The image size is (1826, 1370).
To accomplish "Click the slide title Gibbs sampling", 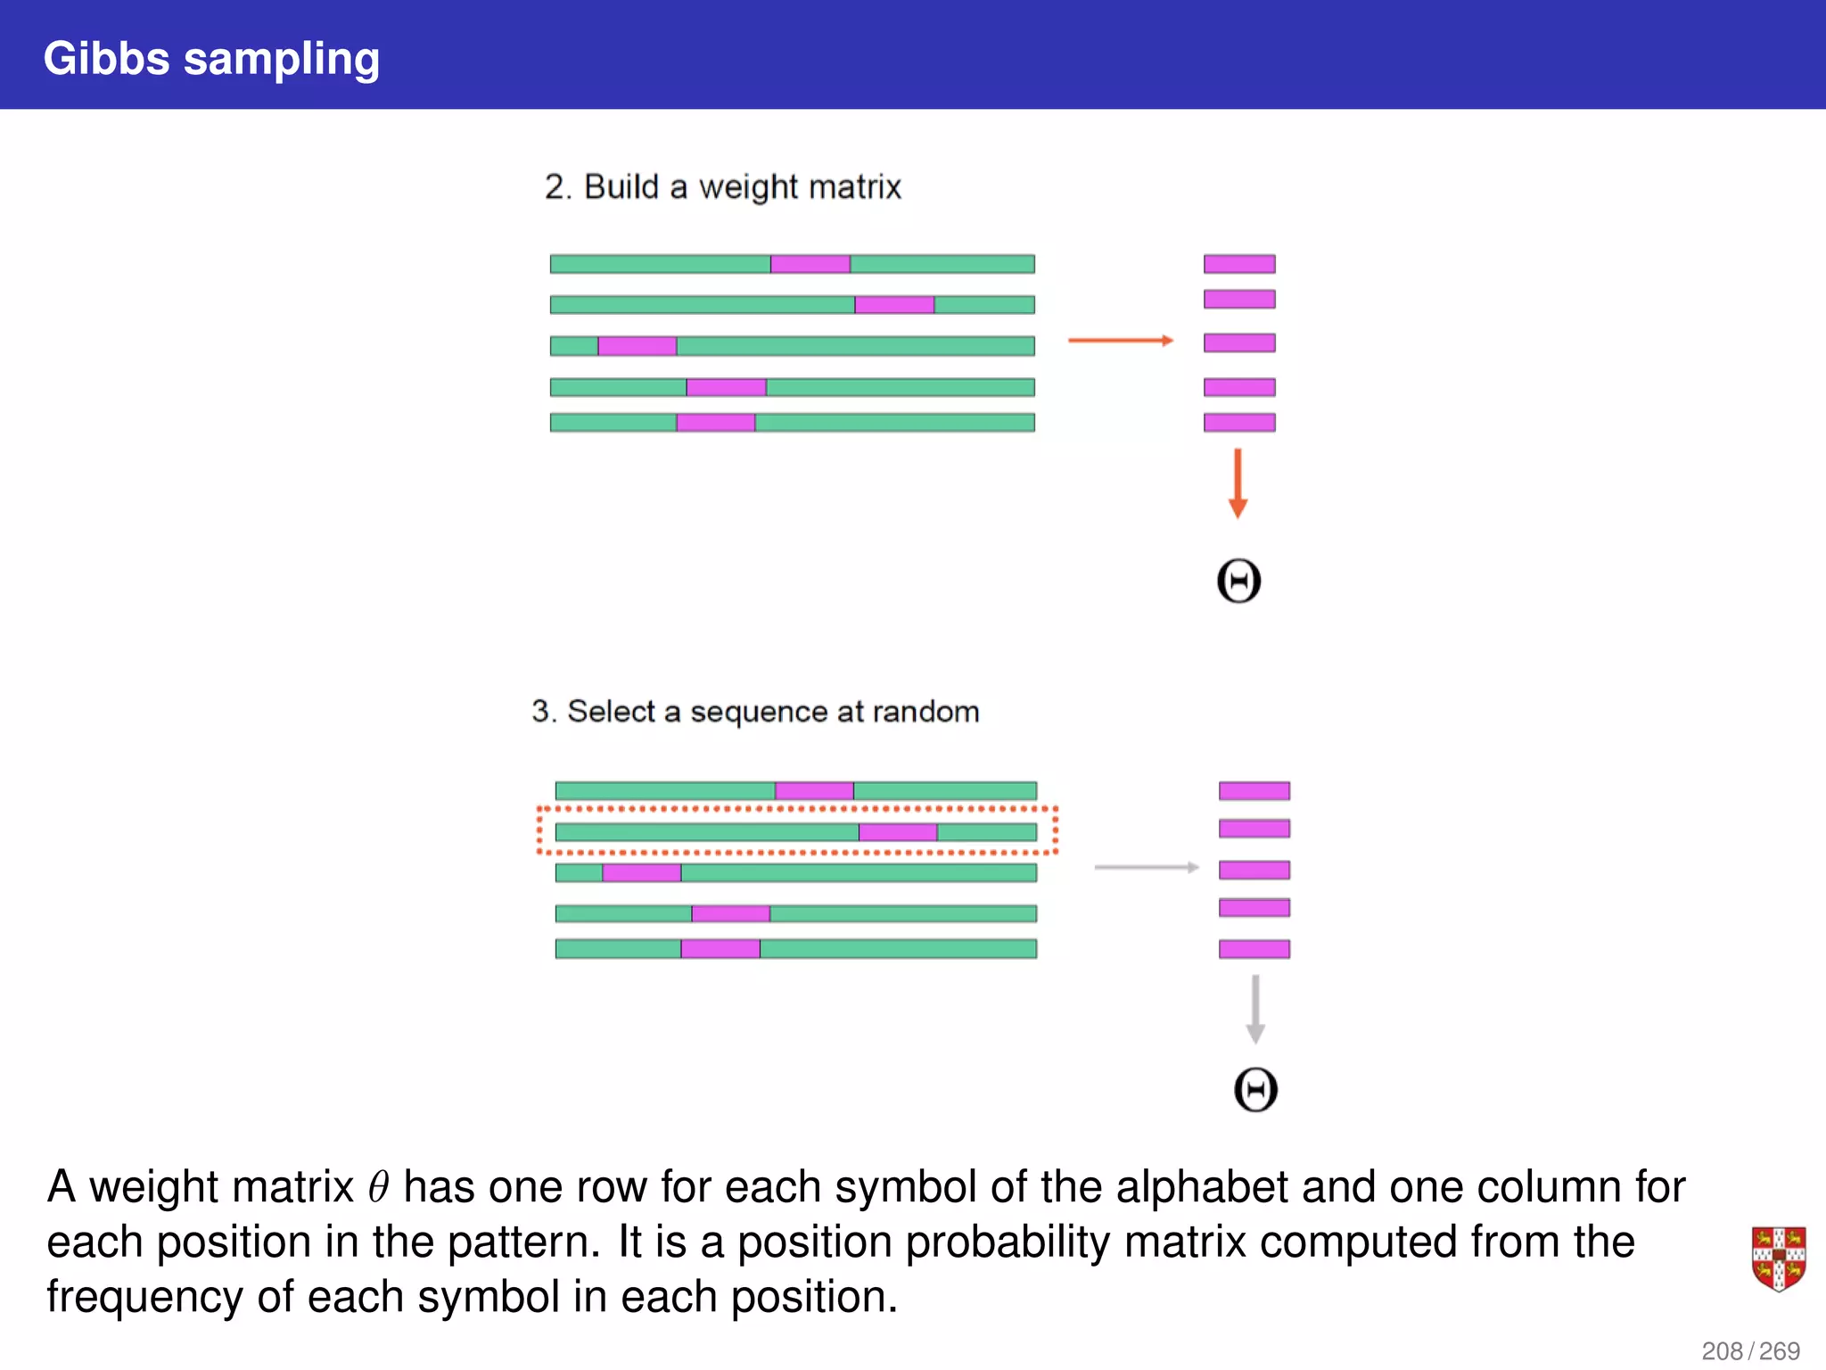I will point(211,59).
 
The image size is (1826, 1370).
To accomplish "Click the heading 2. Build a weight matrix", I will point(722,187).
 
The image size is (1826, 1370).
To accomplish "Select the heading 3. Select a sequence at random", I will point(755,712).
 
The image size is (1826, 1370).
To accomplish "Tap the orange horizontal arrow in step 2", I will point(1120,340).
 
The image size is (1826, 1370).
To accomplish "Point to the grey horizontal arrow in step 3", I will point(1146,867).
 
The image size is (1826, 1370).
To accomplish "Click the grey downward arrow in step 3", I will point(1255,1009).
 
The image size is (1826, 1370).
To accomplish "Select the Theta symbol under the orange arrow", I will point(1238,582).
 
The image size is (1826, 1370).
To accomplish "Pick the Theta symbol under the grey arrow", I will point(1255,1090).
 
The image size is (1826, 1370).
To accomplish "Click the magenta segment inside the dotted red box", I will point(898,832).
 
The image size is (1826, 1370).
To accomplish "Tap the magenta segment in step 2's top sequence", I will point(810,264).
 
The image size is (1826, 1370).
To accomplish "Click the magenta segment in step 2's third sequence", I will point(637,346).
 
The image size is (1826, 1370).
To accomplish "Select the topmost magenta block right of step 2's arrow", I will point(1239,264).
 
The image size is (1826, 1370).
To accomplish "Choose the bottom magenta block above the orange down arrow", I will point(1239,423).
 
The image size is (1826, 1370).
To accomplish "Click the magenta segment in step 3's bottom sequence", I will point(720,949).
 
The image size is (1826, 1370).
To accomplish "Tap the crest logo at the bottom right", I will point(1778,1259).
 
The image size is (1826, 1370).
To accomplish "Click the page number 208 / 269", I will point(1750,1350).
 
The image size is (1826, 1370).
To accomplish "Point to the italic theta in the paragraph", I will point(379,1188).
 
